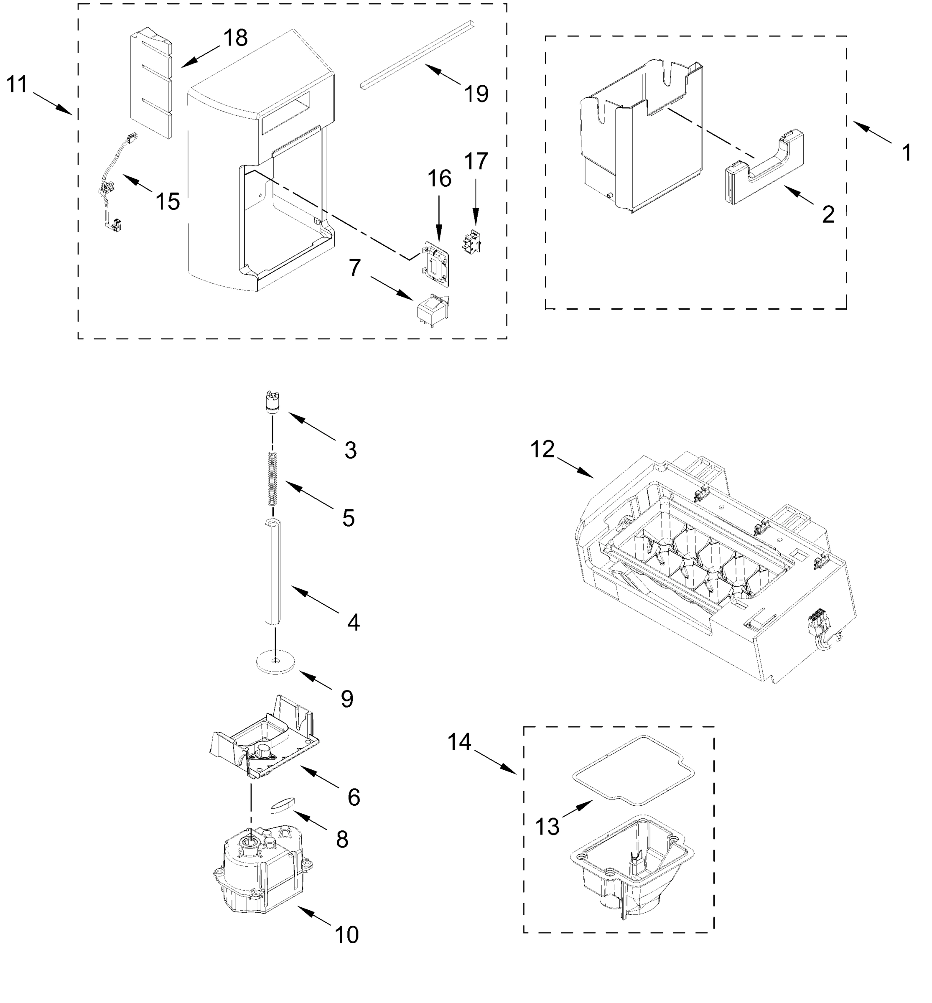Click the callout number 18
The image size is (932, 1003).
point(236,38)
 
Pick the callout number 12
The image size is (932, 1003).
point(542,449)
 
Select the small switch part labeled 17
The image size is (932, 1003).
point(471,241)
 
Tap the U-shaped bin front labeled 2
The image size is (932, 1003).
point(764,169)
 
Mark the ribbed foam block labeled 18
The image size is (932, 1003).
point(151,83)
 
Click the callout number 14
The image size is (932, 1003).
point(459,741)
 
